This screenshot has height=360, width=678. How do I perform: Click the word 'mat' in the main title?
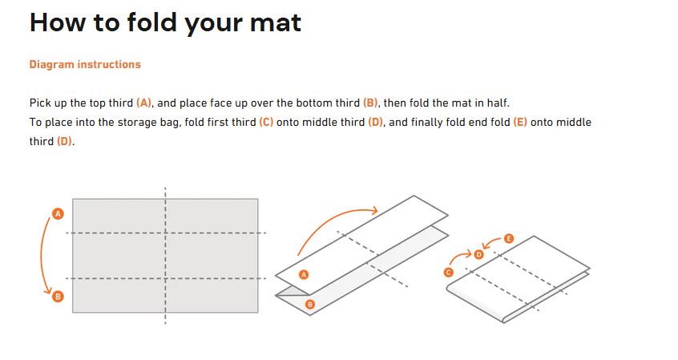pyautogui.click(x=276, y=23)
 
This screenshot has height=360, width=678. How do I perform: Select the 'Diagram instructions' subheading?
pyautogui.click(x=85, y=64)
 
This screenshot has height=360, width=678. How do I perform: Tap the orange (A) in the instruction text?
pyautogui.click(x=144, y=103)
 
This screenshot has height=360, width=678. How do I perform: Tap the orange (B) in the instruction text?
pyautogui.click(x=370, y=103)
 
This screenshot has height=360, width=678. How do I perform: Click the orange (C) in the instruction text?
pyautogui.click(x=266, y=123)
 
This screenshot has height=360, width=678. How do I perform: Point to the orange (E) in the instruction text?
pyautogui.click(x=520, y=123)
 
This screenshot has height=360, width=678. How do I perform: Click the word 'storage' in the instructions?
pyautogui.click(x=137, y=123)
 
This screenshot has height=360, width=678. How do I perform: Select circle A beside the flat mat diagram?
pyautogui.click(x=58, y=214)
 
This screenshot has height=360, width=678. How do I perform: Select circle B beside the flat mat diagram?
pyautogui.click(x=58, y=297)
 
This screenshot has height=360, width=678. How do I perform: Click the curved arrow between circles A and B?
pyautogui.click(x=42, y=255)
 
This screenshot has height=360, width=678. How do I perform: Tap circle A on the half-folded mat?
pyautogui.click(x=304, y=274)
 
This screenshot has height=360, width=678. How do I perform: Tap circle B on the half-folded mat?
pyautogui.click(x=309, y=305)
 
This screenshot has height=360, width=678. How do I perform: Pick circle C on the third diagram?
pyautogui.click(x=449, y=272)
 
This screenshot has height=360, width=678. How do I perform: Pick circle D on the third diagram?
pyautogui.click(x=478, y=254)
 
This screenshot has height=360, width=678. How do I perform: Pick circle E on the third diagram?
pyautogui.click(x=508, y=238)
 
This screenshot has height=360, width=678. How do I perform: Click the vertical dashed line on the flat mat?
pyautogui.click(x=165, y=255)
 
